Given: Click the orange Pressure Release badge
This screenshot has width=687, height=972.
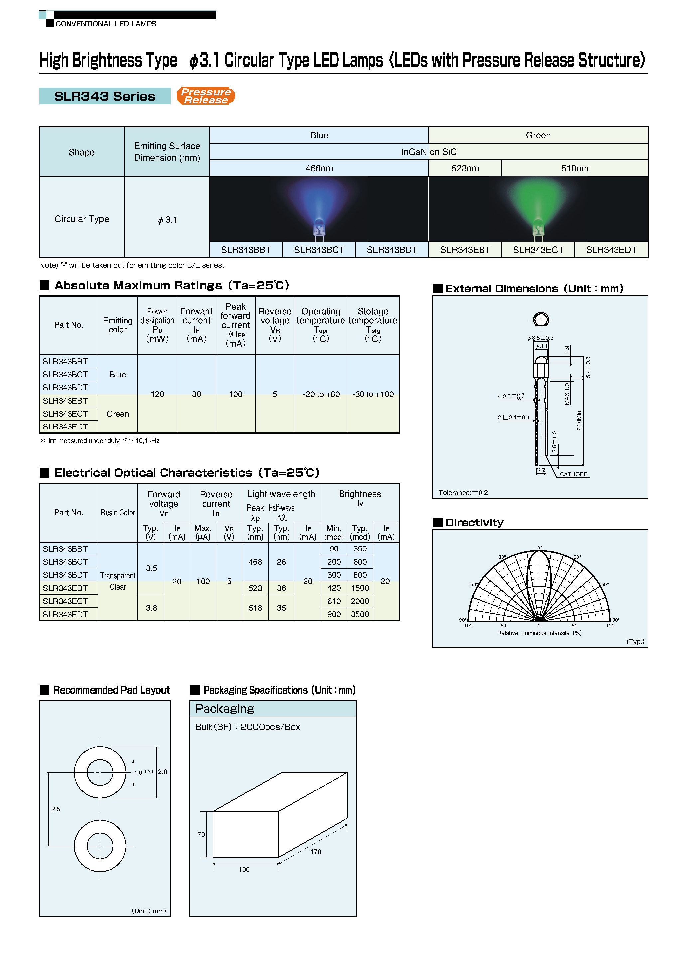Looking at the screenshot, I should pyautogui.click(x=206, y=96).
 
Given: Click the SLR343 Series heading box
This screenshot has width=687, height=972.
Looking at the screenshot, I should pyautogui.click(x=105, y=96).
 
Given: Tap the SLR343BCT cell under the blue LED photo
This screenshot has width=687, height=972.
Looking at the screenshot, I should pyautogui.click(x=319, y=250).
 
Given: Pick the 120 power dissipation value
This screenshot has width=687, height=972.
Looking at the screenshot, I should pyautogui.click(x=157, y=394).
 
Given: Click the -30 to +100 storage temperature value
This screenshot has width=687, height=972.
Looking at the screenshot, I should pyautogui.click(x=373, y=394).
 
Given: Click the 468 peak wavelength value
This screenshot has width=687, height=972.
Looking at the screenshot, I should pyautogui.click(x=255, y=562).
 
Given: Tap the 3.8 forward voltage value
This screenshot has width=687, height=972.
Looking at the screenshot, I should pyautogui.click(x=151, y=608).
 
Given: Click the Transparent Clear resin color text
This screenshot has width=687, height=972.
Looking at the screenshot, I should pyautogui.click(x=118, y=581).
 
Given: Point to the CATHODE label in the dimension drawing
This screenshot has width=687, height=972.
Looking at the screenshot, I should pyautogui.click(x=574, y=474).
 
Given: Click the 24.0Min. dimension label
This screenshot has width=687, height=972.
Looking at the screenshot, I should pyautogui.click(x=579, y=420).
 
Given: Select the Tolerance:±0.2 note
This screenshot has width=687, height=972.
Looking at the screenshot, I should pyautogui.click(x=463, y=492).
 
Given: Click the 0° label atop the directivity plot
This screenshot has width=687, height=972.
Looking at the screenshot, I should pyautogui.click(x=540, y=548).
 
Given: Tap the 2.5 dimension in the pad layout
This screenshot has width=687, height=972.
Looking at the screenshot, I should pyautogui.click(x=56, y=809).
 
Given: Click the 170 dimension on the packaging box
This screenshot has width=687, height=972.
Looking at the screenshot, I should pyautogui.click(x=316, y=851).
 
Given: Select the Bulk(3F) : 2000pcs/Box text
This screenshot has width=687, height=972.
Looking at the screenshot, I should pyautogui.click(x=247, y=727).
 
